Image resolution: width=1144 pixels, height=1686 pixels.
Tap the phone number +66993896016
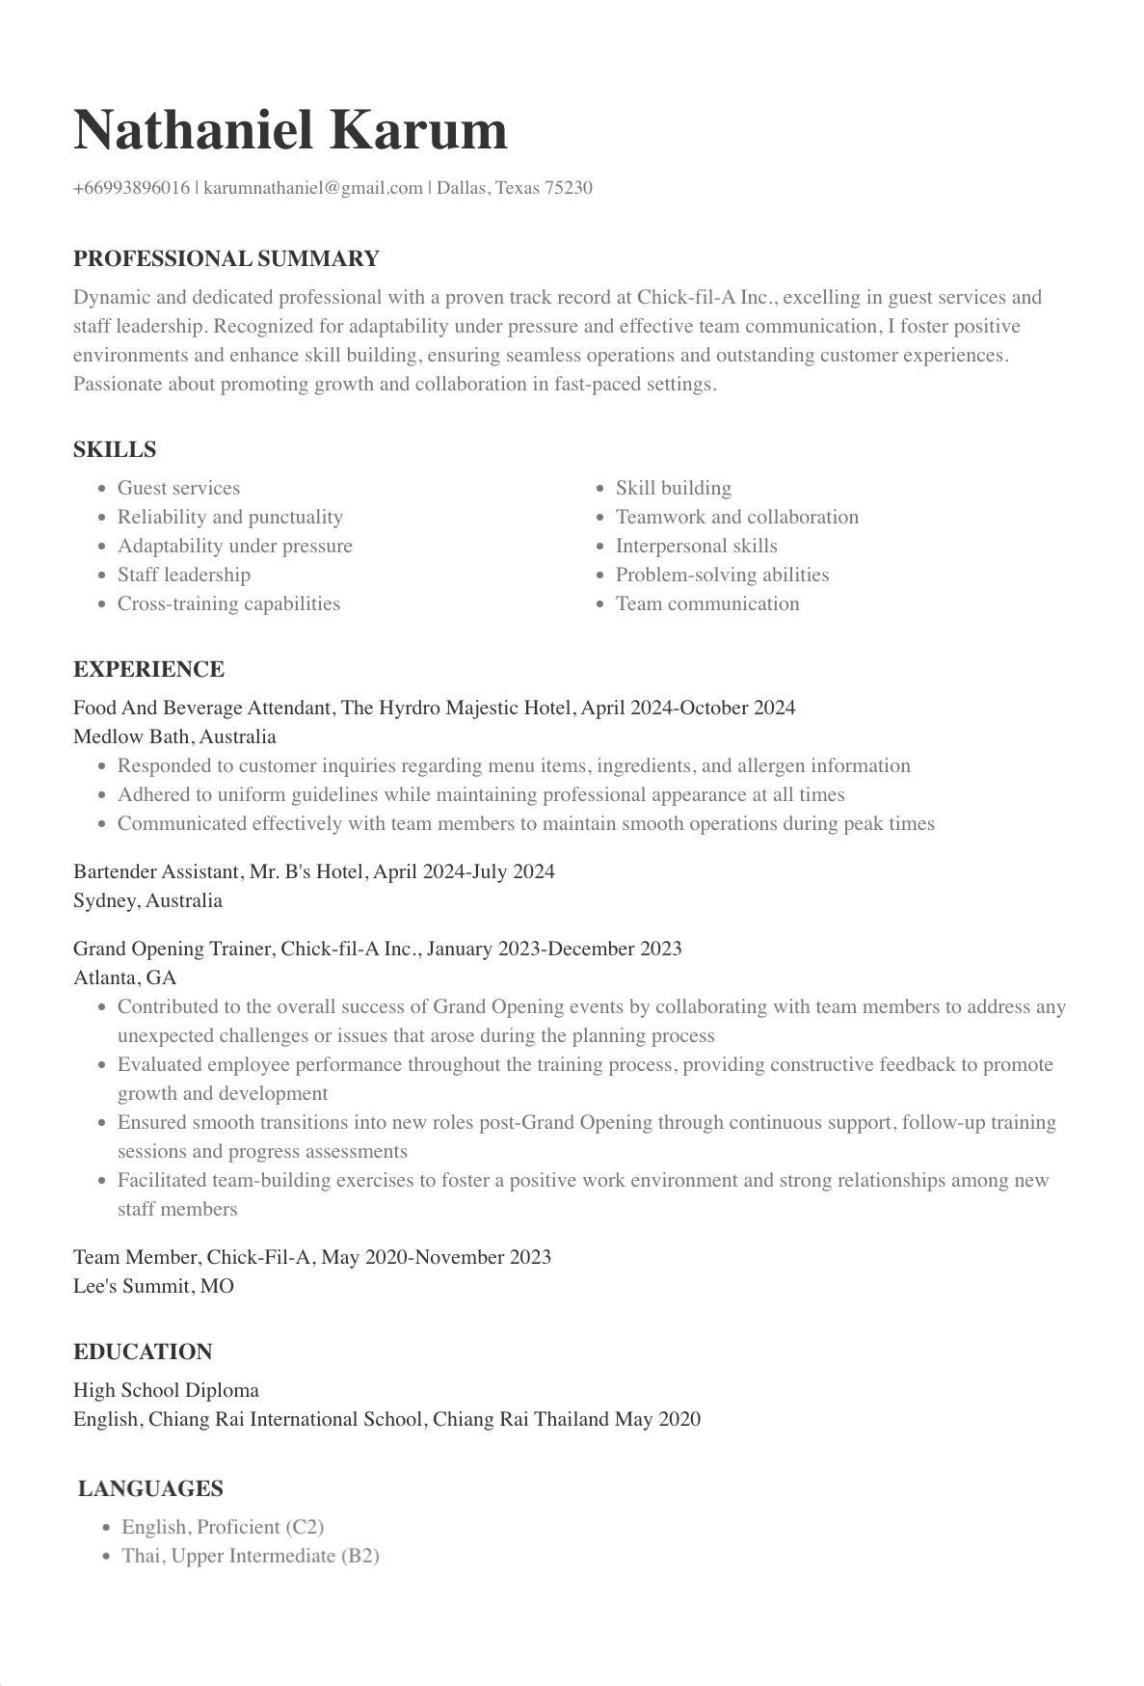click(132, 188)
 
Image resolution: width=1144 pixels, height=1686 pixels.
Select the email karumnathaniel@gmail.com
click(313, 188)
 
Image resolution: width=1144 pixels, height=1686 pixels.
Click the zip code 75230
click(569, 188)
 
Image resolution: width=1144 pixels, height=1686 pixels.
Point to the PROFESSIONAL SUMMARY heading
click(226, 259)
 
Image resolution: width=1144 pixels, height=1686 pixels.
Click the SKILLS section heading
click(115, 450)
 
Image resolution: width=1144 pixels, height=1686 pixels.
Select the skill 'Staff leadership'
click(184, 575)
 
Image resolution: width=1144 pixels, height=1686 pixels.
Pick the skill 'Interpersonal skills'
click(696, 547)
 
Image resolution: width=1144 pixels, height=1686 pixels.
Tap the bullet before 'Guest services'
click(102, 490)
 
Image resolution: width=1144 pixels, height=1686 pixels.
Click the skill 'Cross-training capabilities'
click(228, 604)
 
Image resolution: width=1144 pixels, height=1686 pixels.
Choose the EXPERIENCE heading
click(148, 670)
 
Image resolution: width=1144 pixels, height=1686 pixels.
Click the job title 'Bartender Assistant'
click(156, 872)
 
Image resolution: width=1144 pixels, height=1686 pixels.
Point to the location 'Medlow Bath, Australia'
click(174, 737)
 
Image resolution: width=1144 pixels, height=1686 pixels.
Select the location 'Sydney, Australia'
click(147, 901)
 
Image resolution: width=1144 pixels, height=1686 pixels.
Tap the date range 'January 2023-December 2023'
click(554, 950)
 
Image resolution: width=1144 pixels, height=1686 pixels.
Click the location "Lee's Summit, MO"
click(153, 1287)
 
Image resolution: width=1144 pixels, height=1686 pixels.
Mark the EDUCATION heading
click(143, 1352)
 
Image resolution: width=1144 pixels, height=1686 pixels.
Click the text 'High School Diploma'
click(166, 1391)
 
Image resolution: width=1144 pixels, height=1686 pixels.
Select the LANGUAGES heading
click(150, 1489)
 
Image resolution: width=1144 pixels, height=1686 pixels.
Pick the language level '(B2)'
click(359, 1557)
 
